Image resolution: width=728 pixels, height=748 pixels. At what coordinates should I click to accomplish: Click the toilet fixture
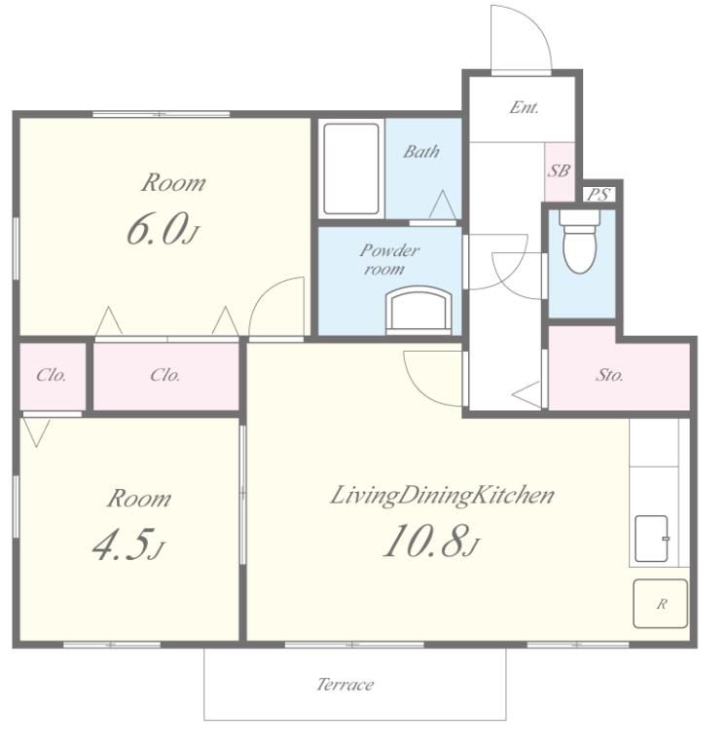coord(579,242)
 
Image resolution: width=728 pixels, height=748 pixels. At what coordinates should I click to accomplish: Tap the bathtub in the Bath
coord(351,168)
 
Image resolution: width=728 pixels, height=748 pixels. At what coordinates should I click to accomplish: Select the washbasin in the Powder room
coord(419,309)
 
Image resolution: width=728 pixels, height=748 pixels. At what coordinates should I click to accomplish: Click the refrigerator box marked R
coord(660,604)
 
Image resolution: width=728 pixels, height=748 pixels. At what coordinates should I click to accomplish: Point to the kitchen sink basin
coord(652,539)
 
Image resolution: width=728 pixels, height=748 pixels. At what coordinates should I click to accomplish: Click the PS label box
coord(599,195)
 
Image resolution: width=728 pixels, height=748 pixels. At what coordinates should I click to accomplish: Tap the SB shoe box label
coord(559,170)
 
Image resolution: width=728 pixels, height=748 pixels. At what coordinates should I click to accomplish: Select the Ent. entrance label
coord(524,107)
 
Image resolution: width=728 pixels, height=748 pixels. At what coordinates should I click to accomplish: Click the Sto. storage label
coord(609,375)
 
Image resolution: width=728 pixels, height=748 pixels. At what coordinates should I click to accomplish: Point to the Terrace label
coord(346,685)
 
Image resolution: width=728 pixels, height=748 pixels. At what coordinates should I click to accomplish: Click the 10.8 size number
coord(425,541)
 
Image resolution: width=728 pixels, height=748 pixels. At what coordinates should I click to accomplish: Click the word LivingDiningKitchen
coord(442,496)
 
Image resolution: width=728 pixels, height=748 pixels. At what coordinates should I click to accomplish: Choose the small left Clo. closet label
coord(51,375)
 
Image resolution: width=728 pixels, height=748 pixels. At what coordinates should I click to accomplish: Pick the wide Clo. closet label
coord(164,375)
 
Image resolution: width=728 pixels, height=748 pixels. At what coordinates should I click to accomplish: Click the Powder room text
coord(388,259)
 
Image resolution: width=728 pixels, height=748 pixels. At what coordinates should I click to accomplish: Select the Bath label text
coord(421,152)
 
